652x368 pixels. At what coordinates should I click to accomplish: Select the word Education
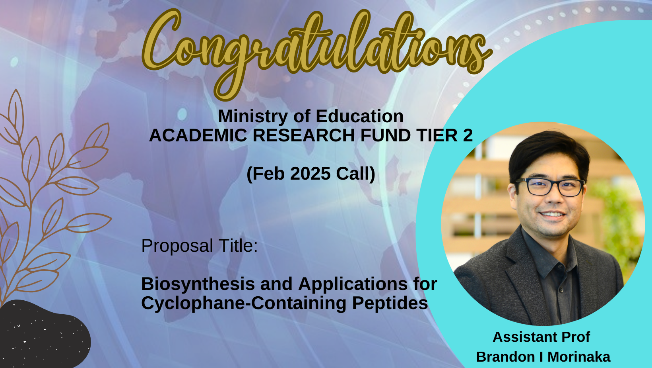(359, 116)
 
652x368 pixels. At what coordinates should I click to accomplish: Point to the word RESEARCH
(304, 135)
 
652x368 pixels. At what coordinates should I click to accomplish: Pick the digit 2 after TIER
(468, 135)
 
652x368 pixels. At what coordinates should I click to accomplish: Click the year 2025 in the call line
(310, 174)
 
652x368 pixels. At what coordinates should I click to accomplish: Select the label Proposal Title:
(200, 246)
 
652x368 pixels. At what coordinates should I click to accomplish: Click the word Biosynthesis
(198, 284)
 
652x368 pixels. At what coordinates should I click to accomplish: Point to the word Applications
(353, 284)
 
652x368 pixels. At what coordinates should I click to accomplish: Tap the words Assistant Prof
(541, 337)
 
